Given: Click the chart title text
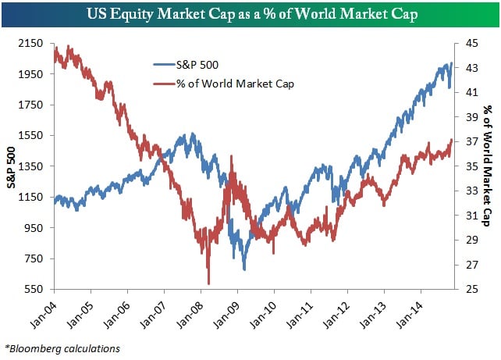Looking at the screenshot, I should [250, 13].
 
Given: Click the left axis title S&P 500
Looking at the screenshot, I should [11, 167].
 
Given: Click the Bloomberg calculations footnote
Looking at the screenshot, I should [62, 348].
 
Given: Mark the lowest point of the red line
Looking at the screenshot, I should [208, 283].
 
